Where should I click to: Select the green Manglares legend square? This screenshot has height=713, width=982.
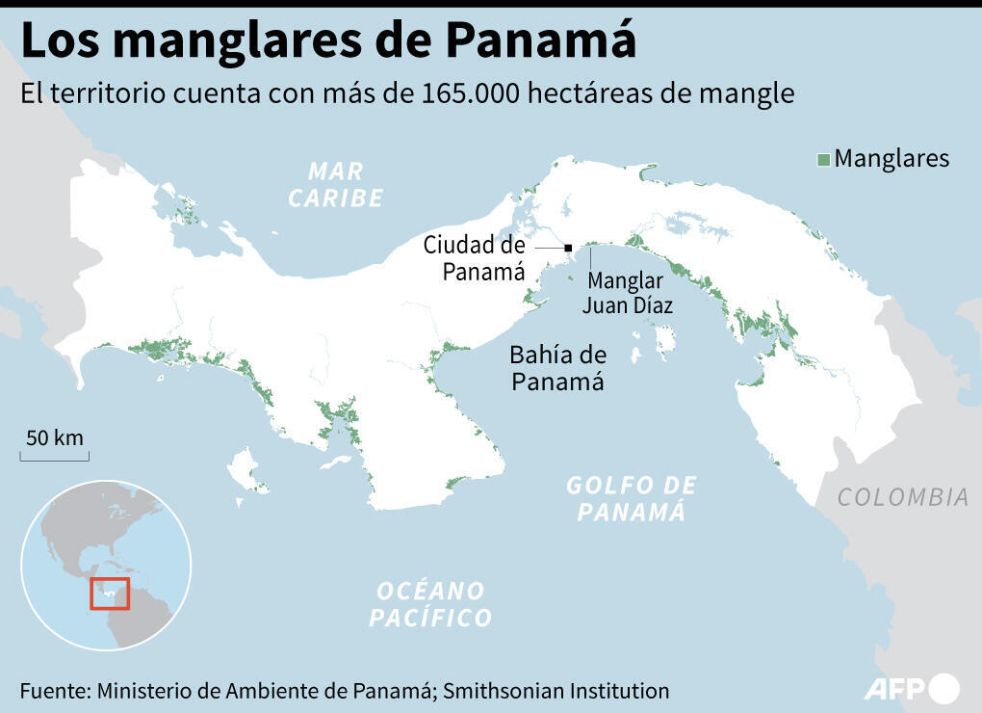pyautogui.click(x=823, y=160)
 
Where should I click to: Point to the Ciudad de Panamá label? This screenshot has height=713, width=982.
pyautogui.click(x=475, y=258)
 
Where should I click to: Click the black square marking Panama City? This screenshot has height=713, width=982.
pyautogui.click(x=569, y=248)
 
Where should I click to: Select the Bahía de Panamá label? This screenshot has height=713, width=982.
pyautogui.click(x=557, y=368)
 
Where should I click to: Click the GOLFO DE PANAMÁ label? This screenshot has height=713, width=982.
pyautogui.click(x=631, y=498)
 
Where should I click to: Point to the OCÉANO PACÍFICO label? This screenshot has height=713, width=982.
pyautogui.click(x=430, y=604)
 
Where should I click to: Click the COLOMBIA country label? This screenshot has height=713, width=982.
pyautogui.click(x=902, y=497)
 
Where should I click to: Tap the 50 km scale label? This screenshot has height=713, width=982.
pyautogui.click(x=55, y=437)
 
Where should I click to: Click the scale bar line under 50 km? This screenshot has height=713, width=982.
pyautogui.click(x=55, y=456)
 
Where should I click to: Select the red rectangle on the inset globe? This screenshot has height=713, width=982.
pyautogui.click(x=110, y=593)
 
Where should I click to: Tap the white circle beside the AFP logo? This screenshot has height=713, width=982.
pyautogui.click(x=943, y=688)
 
